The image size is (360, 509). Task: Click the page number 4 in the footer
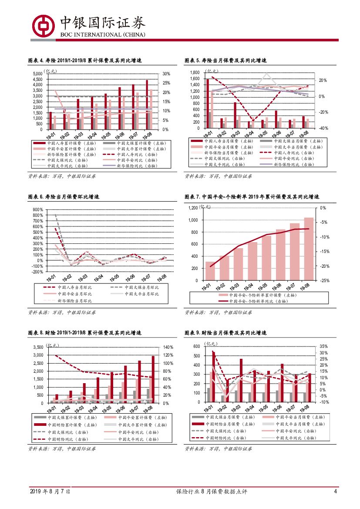click(335, 492)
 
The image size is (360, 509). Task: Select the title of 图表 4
click(85, 61)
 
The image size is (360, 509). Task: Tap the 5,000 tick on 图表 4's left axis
click(38, 74)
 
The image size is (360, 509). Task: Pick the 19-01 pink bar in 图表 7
click(210, 271)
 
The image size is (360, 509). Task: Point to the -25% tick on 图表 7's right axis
click(325, 281)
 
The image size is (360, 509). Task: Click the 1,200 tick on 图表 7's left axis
click(192, 208)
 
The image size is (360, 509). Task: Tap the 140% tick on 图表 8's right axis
click(168, 347)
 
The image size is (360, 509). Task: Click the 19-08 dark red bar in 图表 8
click(153, 379)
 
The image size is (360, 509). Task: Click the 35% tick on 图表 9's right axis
click(323, 347)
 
